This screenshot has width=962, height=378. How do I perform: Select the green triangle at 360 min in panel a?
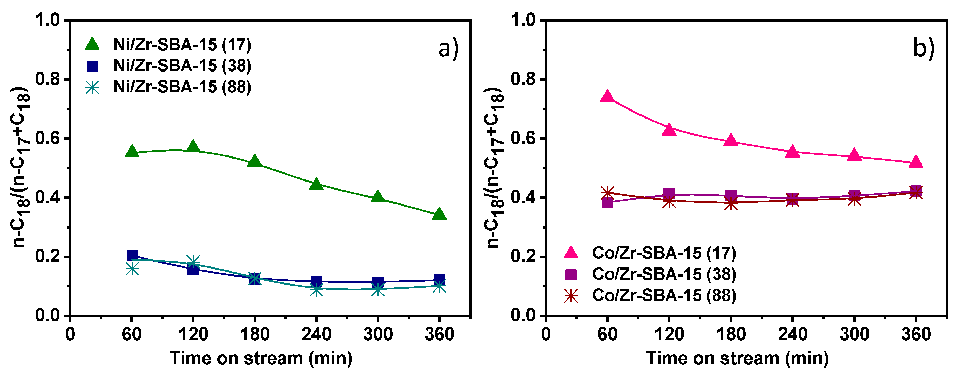(439, 214)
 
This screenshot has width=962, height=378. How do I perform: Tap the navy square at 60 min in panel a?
(132, 256)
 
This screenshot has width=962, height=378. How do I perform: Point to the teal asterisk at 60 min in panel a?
(132, 269)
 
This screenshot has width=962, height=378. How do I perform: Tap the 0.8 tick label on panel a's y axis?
(48, 79)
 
